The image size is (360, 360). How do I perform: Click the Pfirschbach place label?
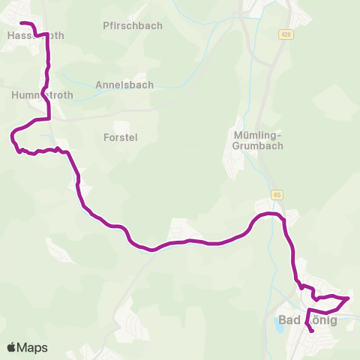(133, 25)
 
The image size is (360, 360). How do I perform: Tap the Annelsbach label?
(124, 85)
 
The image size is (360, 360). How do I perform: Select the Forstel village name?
(121, 137)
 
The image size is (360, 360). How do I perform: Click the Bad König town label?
(308, 320)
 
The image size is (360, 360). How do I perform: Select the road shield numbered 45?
(278, 195)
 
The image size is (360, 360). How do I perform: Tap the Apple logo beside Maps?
(11, 347)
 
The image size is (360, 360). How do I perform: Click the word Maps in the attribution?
(32, 347)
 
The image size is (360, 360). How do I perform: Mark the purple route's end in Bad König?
(312, 331)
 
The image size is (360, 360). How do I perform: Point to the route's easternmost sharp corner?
(349, 298)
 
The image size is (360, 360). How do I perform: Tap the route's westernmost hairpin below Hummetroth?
(12, 136)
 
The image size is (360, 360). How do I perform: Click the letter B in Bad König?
(283, 320)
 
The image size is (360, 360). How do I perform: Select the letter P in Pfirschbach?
(106, 25)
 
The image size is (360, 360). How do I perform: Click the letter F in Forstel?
(106, 137)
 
